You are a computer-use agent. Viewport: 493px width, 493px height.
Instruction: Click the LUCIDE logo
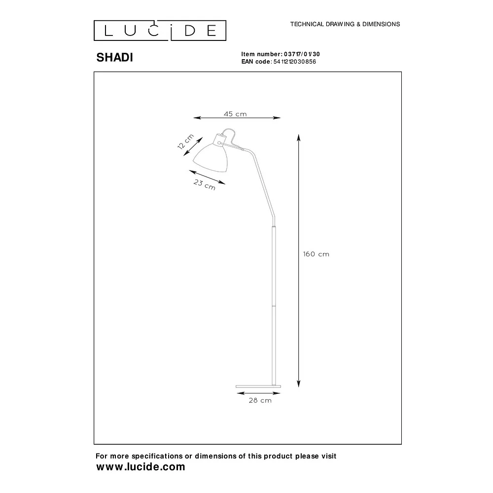tap(160, 31)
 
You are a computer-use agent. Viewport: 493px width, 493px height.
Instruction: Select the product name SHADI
tap(115, 58)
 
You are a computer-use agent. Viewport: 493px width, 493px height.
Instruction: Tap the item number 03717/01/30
tap(302, 54)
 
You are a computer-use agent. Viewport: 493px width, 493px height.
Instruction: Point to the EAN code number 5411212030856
tap(295, 62)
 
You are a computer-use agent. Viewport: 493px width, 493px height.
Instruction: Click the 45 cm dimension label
tap(235, 114)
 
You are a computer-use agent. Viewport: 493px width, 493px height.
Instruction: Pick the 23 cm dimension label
tap(205, 184)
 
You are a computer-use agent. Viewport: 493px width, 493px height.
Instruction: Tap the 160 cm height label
tap(316, 254)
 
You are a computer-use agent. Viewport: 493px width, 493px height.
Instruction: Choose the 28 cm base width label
tap(260, 400)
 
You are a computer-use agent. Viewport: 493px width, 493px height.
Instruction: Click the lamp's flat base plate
tap(258, 387)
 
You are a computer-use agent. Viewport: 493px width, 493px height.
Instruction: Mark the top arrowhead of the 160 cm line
tap(299, 138)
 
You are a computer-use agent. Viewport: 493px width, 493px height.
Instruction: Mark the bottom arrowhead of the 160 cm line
tap(299, 384)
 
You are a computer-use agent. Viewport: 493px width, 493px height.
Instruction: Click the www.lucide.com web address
tap(141, 466)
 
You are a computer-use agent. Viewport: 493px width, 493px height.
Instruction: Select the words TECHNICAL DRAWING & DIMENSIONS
tap(345, 24)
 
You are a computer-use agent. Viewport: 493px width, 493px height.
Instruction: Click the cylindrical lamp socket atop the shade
tap(220, 140)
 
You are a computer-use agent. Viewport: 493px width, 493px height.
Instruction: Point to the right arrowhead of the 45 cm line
tap(277, 118)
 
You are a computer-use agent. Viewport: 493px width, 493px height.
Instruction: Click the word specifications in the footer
tap(157, 456)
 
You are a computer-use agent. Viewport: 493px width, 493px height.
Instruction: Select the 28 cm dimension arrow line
tap(258, 393)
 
